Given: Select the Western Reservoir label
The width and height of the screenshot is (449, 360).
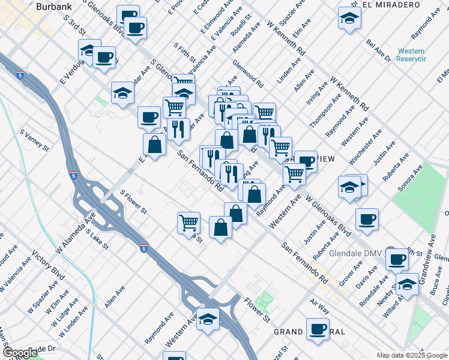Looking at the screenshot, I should (x=411, y=55).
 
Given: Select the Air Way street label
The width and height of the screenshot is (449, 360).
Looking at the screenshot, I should (x=319, y=307).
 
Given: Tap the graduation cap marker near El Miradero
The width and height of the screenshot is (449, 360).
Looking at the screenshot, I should (x=349, y=18).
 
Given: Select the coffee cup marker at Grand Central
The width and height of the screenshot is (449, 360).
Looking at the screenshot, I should (x=318, y=328).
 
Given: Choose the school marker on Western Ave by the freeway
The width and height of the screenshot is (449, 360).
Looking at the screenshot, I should (x=208, y=319).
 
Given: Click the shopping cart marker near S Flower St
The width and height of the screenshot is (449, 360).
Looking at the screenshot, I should (x=189, y=223).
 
